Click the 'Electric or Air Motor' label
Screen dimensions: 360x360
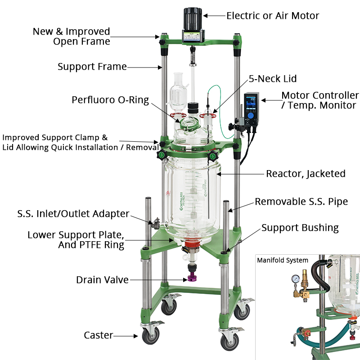click(273, 16)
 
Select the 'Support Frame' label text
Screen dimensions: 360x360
click(92, 67)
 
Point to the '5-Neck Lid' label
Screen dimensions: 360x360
click(273, 79)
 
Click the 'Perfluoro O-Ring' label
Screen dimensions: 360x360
click(110, 100)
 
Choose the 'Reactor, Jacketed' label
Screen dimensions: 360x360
click(306, 174)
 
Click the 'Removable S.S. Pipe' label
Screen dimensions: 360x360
click(301, 202)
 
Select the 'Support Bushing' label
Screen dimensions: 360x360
click(300, 228)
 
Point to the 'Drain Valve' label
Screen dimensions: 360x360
click(102, 280)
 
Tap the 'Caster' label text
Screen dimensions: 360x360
click(98, 335)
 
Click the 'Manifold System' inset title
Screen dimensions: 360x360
click(283, 260)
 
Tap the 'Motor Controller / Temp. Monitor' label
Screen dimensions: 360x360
click(319, 100)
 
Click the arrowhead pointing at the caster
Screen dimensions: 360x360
click(135, 335)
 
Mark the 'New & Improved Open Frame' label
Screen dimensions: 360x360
click(71, 36)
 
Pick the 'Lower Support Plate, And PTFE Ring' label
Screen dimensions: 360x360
click(76, 240)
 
